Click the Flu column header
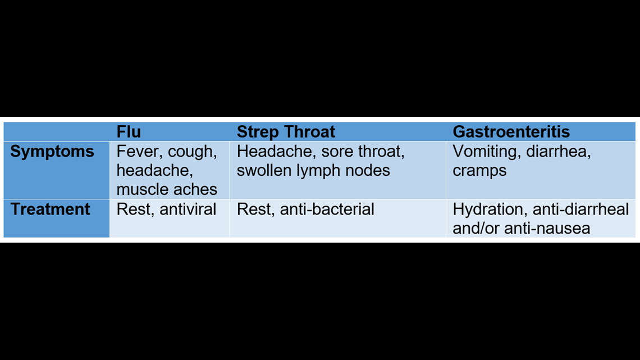[129, 132]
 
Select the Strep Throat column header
[286, 132]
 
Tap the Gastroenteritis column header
[511, 132]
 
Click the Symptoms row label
[52, 152]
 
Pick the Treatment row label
[50, 209]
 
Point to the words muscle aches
[167, 189]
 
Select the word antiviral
[188, 209]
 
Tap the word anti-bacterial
[327, 209]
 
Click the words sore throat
[363, 152]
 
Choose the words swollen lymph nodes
[313, 171]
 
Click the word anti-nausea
[547, 229]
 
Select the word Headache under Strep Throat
[276, 152]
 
